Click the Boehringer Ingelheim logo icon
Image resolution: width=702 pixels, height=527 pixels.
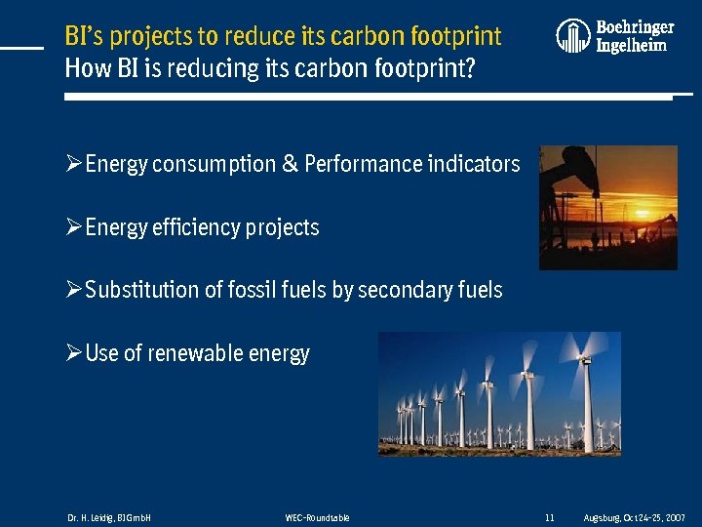click(573, 36)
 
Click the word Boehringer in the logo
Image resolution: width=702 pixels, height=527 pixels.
click(635, 27)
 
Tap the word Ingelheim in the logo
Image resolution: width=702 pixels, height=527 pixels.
click(631, 46)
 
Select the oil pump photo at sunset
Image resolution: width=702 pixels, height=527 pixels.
click(607, 207)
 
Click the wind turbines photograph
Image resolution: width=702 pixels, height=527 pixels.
click(499, 393)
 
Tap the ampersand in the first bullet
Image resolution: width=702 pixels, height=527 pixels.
click(290, 164)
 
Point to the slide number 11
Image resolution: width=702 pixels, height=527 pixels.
click(550, 517)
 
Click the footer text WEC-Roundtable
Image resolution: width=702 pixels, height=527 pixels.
click(317, 517)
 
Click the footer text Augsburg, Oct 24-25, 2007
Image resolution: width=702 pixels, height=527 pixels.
click(634, 517)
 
